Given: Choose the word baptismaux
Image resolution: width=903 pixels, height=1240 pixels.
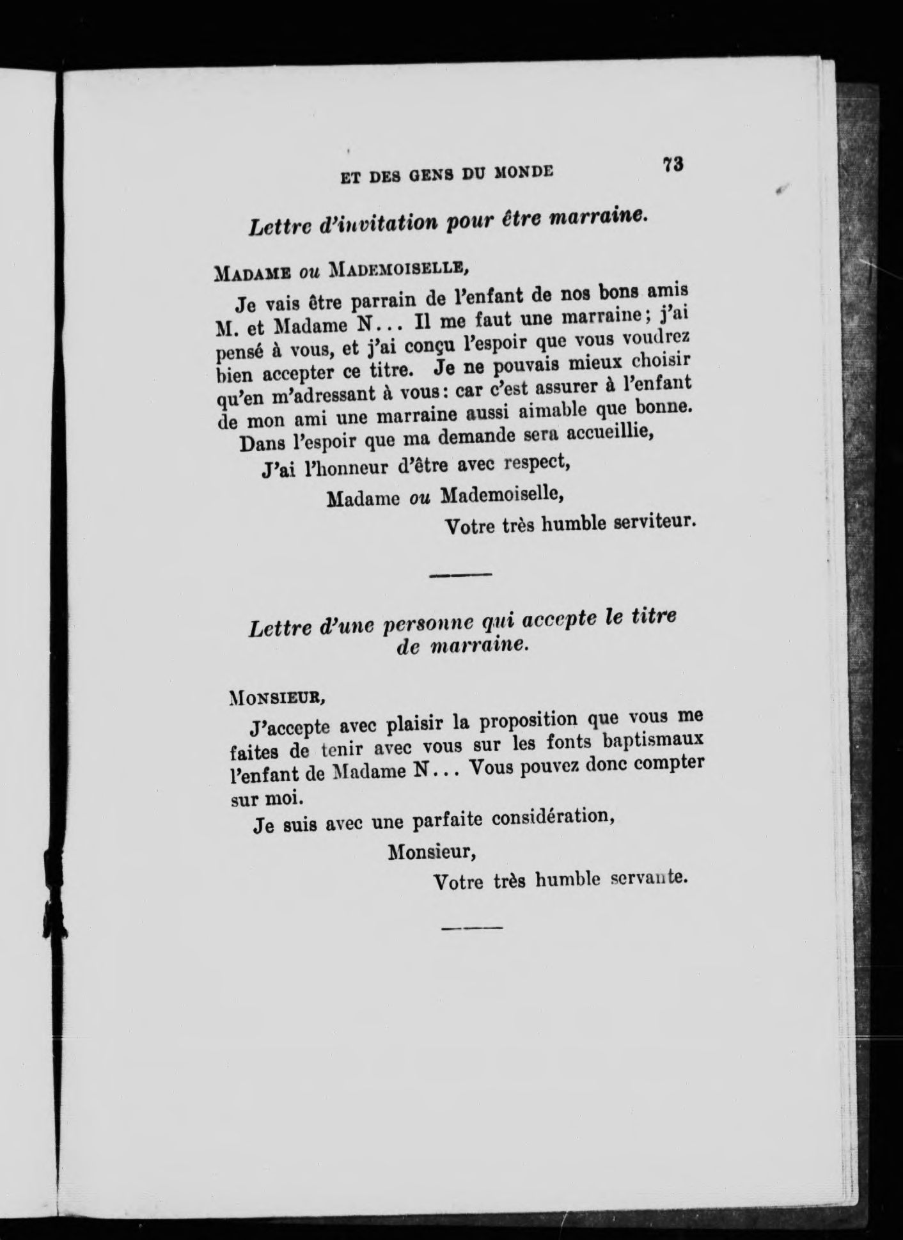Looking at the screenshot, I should point(657,739).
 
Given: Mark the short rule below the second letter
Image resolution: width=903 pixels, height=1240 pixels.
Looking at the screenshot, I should point(472,927).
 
